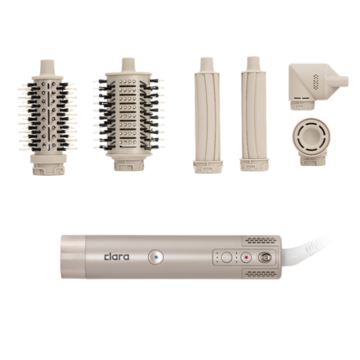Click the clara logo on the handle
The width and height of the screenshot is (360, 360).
coord(116,257)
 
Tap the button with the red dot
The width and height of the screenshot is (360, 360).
coord(246,257)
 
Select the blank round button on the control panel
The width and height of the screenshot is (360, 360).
coord(227,257)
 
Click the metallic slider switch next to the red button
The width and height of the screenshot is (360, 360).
coord(265,257)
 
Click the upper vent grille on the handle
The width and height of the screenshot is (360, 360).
coord(261,240)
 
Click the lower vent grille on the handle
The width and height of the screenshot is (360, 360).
coord(261,274)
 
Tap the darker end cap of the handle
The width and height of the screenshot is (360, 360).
coord(74,257)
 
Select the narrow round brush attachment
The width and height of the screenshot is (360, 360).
coord(48,117)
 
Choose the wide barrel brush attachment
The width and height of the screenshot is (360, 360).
coord(129,115)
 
